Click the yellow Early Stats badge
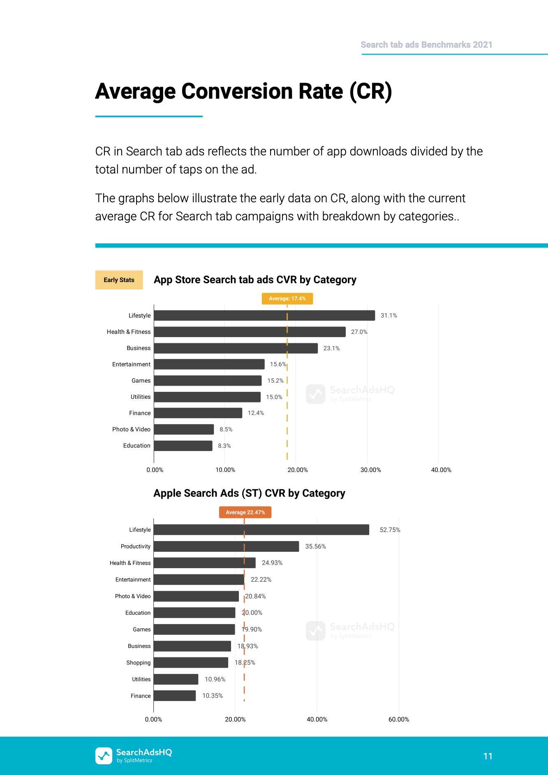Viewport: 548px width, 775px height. (119, 280)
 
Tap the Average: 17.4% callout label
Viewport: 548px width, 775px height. (287, 298)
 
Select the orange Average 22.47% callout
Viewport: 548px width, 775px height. (245, 512)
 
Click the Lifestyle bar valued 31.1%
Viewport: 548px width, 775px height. (264, 315)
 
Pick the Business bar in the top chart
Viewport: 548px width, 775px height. (236, 348)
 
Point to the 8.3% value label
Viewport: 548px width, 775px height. (224, 446)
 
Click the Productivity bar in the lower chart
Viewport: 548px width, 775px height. (226, 546)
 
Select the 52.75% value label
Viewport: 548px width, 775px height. (390, 530)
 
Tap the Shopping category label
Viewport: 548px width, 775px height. (139, 663)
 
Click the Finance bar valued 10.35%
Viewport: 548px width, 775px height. (175, 696)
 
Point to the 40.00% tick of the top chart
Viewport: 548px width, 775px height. (441, 470)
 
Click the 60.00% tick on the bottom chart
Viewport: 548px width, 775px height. (399, 719)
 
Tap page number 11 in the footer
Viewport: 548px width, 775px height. (488, 756)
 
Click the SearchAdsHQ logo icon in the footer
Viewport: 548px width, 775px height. (104, 756)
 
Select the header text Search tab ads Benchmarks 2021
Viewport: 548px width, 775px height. (426, 45)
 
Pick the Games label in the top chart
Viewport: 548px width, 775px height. (141, 381)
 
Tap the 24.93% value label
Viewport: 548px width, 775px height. (272, 563)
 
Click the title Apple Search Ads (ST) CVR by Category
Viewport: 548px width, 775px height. (249, 493)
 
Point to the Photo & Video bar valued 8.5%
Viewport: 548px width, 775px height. (184, 429)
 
